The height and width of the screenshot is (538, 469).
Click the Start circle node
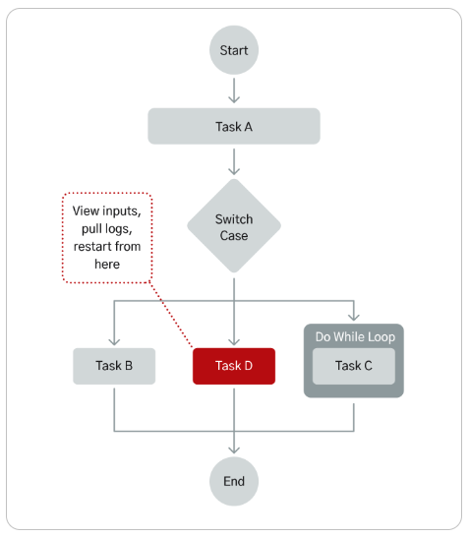click(234, 49)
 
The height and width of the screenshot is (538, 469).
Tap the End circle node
click(234, 481)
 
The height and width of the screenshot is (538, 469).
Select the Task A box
click(234, 127)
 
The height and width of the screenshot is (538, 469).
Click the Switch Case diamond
click(234, 227)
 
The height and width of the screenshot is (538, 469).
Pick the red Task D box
click(234, 366)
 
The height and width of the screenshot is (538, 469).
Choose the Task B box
click(114, 366)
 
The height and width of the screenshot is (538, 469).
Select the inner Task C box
click(354, 366)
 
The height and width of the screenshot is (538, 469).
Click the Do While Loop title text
click(354, 337)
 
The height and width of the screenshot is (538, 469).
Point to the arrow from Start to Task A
click(234, 90)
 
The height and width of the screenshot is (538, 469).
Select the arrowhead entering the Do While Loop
click(354, 317)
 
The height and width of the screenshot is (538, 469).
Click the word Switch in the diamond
click(234, 219)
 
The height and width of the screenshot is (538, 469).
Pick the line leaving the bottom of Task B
click(114, 406)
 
